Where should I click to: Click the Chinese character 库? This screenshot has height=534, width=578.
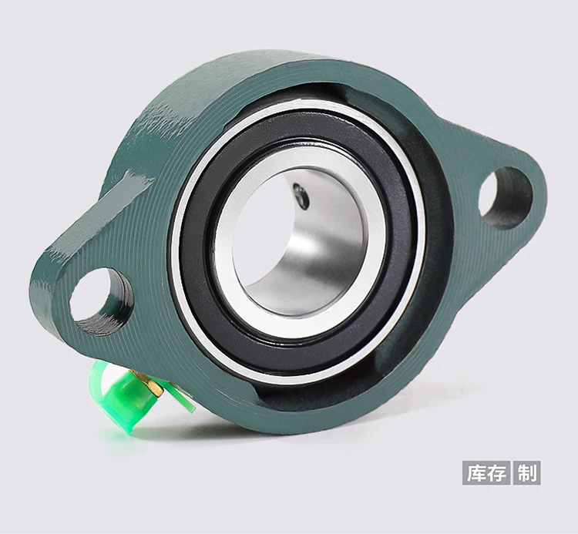[x=475, y=472]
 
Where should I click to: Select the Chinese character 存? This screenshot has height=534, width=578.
[x=498, y=472]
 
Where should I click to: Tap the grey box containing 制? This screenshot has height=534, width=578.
[x=528, y=472]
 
